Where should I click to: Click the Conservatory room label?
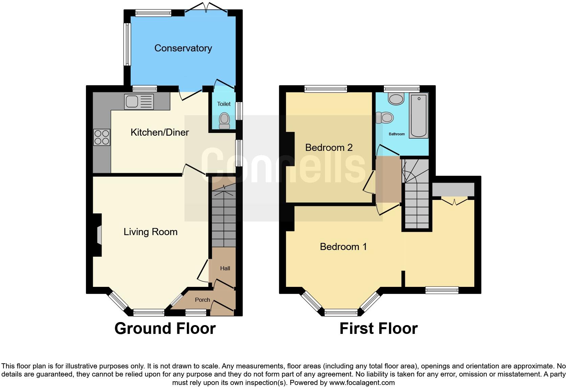point(183,48)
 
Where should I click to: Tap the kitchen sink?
point(139,101)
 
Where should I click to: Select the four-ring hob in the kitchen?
point(102,137)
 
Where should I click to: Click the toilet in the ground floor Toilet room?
point(224,120)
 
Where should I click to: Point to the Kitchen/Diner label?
point(159,132)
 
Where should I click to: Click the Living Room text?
point(150,232)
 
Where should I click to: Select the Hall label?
point(225,269)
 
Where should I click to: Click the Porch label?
point(202,300)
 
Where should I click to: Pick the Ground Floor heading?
point(165,328)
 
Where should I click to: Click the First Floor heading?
point(378,328)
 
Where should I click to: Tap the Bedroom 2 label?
point(329,147)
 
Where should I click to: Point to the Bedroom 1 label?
point(343,247)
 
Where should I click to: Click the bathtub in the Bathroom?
point(419,116)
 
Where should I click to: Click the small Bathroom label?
point(396,134)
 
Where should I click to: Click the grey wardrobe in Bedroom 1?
point(453,190)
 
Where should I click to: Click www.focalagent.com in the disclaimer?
point(362,383)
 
